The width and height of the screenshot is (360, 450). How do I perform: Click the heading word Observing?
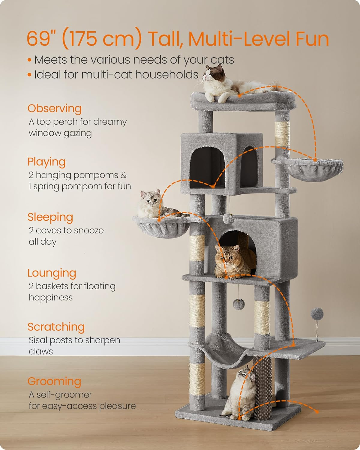pyautogui.click(x=54, y=109)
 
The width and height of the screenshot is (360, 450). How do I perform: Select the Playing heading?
pyautogui.click(x=46, y=162)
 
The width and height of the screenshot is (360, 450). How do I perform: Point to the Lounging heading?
pyautogui.click(x=52, y=273)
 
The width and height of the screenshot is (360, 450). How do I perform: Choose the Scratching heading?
pyautogui.click(x=56, y=327)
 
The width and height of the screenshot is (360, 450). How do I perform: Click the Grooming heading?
pyautogui.click(x=54, y=382)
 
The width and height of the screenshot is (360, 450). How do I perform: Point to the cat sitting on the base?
pyautogui.click(x=241, y=393)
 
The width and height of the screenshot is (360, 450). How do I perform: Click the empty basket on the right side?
pyautogui.click(x=312, y=169)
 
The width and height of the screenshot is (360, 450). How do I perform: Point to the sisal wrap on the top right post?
pyautogui.click(x=283, y=133)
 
